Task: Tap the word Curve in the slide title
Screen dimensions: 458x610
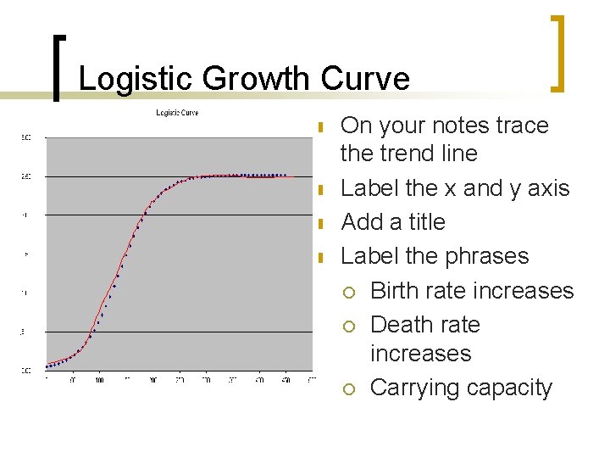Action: tap(365, 80)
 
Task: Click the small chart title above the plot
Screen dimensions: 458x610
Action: tap(176, 113)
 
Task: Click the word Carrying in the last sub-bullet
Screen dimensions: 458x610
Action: tap(415, 388)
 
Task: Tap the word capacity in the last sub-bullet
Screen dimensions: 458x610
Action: tap(509, 388)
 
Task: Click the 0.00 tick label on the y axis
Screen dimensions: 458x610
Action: tap(26, 371)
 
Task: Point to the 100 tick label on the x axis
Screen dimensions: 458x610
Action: tap(99, 381)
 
